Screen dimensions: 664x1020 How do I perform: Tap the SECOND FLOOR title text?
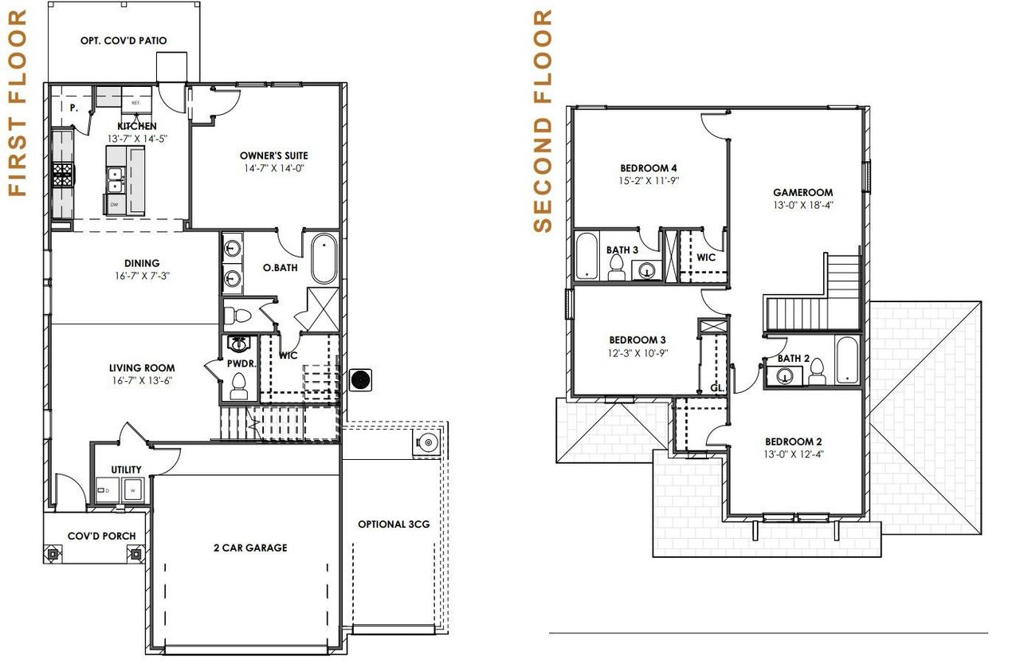pos(543,120)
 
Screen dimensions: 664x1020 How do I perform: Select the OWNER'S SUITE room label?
pos(273,155)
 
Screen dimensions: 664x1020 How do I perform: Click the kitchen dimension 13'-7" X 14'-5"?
pos(137,138)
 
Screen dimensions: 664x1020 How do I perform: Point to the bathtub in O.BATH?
pos(324,258)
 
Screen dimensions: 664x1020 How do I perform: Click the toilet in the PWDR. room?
pos(238,387)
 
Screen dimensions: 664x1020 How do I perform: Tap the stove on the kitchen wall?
pos(62,175)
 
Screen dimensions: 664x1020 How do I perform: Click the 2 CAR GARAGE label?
pos(250,548)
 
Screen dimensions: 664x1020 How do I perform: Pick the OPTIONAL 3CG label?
pos(394,524)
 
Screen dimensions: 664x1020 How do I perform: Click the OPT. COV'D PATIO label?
pos(124,41)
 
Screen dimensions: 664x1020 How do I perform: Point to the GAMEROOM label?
pos(802,192)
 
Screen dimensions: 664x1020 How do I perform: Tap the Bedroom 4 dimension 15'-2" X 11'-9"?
pos(649,180)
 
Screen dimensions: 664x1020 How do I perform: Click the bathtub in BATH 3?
pos(587,256)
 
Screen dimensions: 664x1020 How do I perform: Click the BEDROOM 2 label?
pos(793,442)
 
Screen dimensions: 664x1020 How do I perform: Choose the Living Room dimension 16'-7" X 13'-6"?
pos(142,380)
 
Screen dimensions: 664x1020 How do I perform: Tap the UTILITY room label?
pos(127,470)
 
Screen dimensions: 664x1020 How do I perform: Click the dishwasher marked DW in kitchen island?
pos(115,205)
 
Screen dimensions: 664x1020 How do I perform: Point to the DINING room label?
pos(142,263)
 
